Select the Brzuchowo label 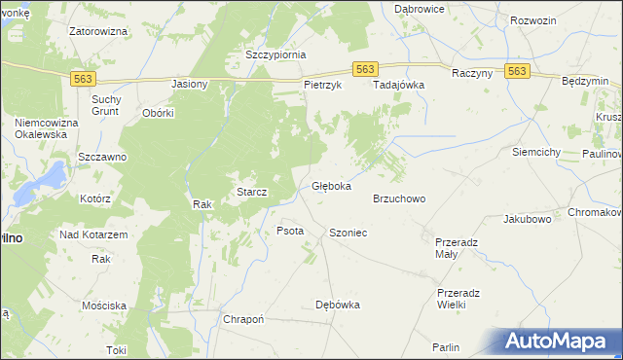(x=399, y=198)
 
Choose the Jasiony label (x=190, y=85)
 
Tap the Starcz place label (x=252, y=193)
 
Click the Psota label (x=290, y=232)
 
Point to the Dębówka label (x=338, y=305)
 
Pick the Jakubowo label (x=528, y=220)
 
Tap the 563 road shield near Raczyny (x=517, y=71)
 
